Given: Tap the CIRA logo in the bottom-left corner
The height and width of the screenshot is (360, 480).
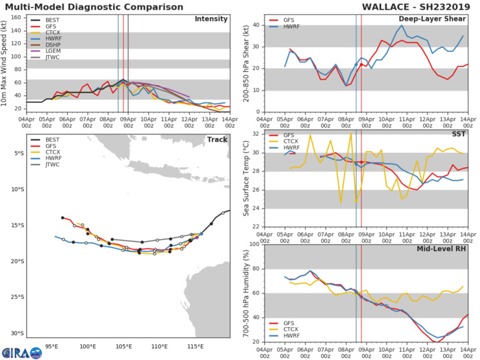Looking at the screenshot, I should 22,352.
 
